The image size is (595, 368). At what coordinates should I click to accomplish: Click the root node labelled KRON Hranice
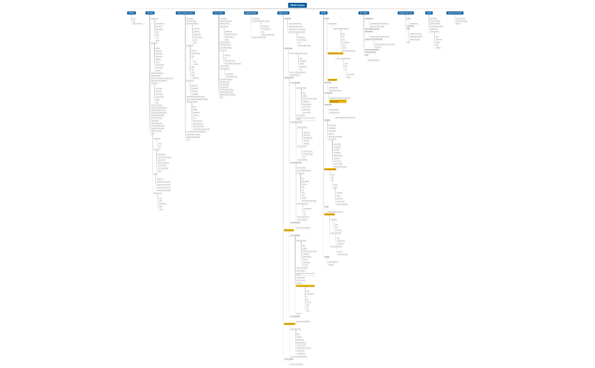tap(297, 5)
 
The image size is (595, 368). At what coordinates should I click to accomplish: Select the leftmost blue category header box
tap(131, 12)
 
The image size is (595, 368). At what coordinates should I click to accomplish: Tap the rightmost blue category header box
tap(454, 12)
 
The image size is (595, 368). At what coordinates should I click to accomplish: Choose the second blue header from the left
tap(150, 12)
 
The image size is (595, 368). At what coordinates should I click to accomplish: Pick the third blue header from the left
tap(185, 12)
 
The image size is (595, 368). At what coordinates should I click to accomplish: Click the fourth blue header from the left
tap(219, 12)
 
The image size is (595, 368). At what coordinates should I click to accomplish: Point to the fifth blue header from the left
tap(251, 12)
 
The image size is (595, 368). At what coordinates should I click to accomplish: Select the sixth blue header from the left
tap(283, 12)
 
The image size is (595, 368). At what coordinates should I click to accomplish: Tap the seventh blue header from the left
tap(324, 12)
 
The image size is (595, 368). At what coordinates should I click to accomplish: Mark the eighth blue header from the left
tap(363, 12)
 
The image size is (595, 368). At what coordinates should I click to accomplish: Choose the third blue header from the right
tap(405, 12)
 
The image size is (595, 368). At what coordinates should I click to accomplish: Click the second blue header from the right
tap(429, 12)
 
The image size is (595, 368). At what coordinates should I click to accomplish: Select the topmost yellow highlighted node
tap(339, 53)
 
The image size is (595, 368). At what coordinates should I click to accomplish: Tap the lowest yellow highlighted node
tap(290, 324)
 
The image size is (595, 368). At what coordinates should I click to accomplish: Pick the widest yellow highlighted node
tap(305, 286)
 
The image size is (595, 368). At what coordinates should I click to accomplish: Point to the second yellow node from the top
tap(333, 80)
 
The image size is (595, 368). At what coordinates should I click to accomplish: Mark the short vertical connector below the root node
tap(297, 8)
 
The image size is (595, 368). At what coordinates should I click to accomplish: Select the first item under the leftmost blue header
tap(134, 18)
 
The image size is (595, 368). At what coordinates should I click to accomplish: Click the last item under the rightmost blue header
tap(458, 24)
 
